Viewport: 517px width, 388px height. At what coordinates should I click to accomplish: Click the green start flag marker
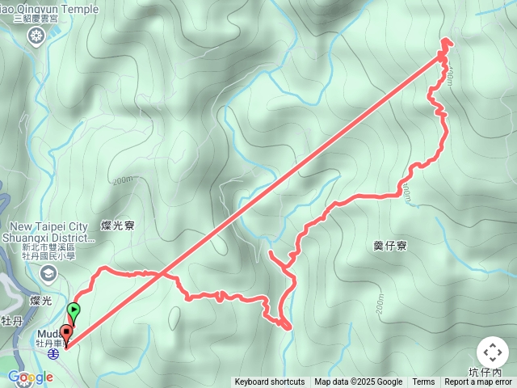point(74,309)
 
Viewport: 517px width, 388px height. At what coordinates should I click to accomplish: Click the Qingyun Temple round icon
point(36,35)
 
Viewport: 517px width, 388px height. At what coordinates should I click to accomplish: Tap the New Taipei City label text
point(49,226)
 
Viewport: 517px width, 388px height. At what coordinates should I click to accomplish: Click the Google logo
point(30,377)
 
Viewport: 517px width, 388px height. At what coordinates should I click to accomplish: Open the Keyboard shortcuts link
point(270,382)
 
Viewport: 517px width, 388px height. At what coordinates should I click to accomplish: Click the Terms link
point(423,382)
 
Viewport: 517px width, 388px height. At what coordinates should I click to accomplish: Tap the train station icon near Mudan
point(53,353)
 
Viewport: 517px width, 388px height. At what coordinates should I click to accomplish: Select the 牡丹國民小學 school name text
point(49,260)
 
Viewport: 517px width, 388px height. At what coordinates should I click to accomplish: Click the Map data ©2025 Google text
point(358,382)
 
